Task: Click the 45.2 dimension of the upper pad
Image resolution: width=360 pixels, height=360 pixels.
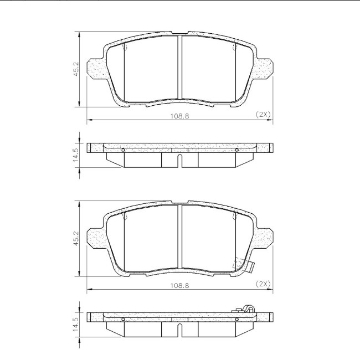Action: tap(76, 69)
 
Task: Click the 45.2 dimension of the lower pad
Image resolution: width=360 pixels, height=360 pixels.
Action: tap(76, 239)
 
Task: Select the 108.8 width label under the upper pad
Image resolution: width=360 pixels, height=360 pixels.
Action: tap(179, 116)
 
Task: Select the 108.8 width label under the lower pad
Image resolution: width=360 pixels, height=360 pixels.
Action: tap(179, 285)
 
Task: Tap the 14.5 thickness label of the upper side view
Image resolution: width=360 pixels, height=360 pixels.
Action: tap(76, 155)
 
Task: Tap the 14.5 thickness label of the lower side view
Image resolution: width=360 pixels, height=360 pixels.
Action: tap(76, 324)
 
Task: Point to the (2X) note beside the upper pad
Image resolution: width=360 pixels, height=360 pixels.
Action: tap(263, 114)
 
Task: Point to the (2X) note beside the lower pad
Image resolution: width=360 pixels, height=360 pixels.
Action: tap(263, 284)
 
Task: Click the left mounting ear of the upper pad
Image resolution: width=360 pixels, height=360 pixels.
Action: tap(95, 69)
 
